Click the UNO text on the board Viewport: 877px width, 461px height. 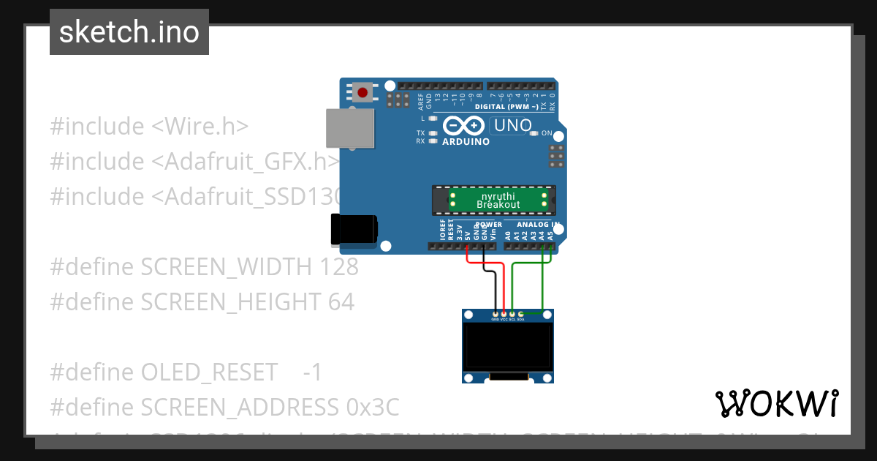[512, 126]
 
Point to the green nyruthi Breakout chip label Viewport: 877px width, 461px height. [498, 200]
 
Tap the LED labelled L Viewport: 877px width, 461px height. [433, 119]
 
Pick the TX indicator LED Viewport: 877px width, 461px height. [433, 133]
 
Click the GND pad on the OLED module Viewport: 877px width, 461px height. [496, 314]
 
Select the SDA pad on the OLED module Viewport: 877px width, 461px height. [520, 314]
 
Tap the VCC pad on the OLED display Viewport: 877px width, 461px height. [504, 314]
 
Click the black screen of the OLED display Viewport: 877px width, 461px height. [508, 347]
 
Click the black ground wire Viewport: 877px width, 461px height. [496, 289]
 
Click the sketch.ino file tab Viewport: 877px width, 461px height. [129, 32]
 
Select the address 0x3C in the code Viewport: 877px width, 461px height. [368, 408]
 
